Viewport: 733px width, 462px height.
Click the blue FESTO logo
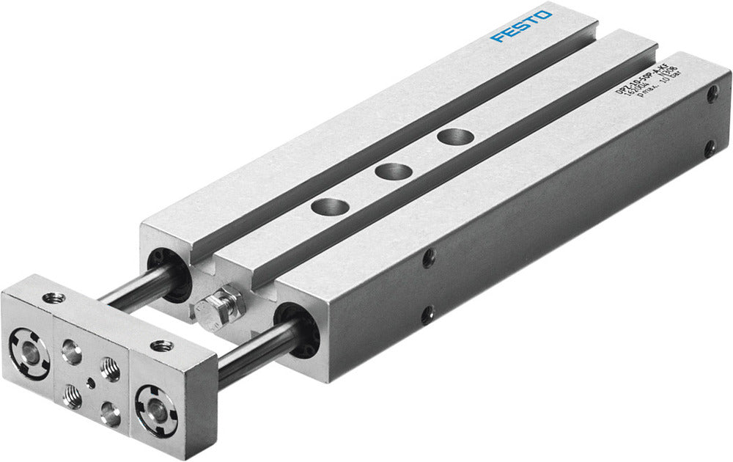[522, 25]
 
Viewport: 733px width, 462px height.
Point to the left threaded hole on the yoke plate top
[51, 298]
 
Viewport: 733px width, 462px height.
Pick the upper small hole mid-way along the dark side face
[429, 258]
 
